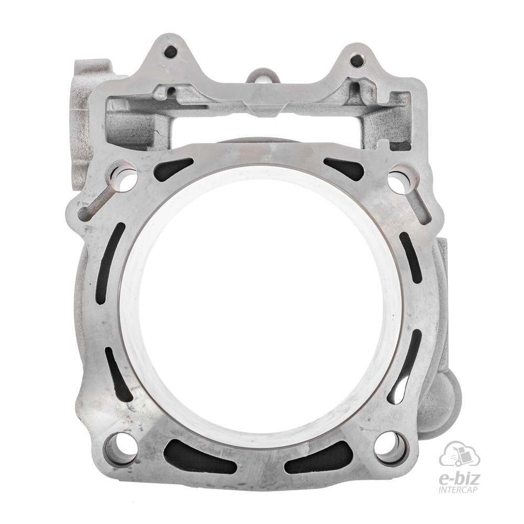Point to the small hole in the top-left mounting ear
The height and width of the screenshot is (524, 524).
pyautogui.click(x=170, y=51)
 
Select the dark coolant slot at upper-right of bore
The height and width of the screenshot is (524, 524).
pyautogui.click(x=344, y=168)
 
